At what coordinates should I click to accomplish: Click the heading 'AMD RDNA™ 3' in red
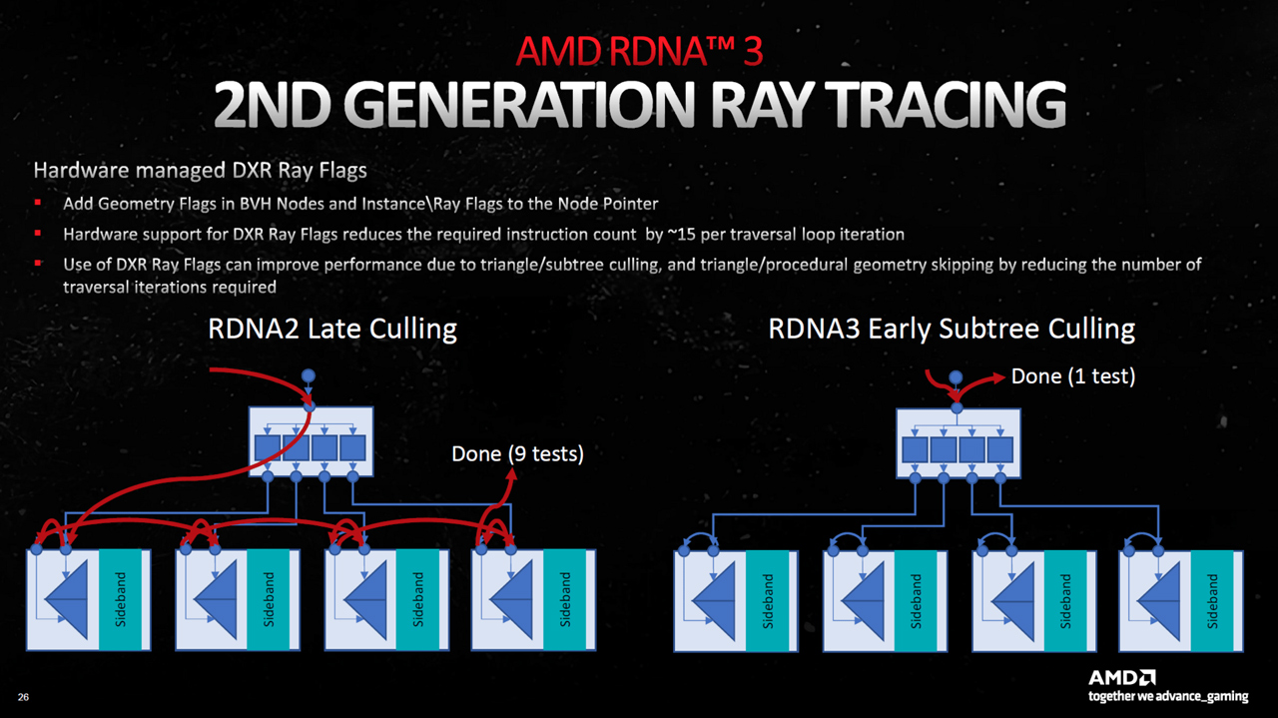638,50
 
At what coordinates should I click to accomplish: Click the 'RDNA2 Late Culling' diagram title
331,329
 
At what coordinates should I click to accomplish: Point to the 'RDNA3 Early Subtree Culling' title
952,329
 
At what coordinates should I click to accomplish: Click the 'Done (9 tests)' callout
517,453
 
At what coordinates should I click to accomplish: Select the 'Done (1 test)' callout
1073,376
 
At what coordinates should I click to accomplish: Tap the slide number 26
23,695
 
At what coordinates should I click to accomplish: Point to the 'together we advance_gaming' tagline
1168,696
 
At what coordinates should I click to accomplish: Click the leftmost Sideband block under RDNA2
120,599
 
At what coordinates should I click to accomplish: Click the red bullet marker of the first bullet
38,204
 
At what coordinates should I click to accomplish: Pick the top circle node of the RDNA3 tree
956,377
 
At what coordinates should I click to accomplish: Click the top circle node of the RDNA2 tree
309,375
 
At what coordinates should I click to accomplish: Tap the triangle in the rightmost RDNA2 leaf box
512,599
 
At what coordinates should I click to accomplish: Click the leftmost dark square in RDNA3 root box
915,449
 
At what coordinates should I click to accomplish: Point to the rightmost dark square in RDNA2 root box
352,447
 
